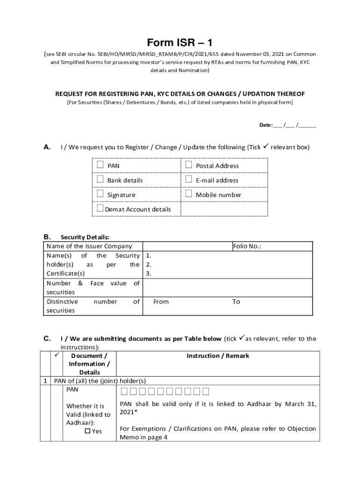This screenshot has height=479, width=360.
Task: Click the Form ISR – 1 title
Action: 180,43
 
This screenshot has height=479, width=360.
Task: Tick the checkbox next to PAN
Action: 100,165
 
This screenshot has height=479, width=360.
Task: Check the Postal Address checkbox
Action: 188,165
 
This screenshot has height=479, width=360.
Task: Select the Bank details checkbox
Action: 100,179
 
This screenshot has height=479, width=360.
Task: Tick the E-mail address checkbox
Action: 188,179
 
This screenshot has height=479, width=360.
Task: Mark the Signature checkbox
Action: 100,194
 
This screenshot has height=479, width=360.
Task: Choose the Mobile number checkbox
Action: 188,194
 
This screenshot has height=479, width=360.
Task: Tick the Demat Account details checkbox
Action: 100,208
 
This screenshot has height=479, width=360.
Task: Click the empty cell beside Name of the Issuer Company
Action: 187,246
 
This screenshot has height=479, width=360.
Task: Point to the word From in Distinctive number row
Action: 161,302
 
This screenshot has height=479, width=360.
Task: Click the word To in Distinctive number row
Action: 236,302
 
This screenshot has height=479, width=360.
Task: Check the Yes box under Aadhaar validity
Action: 87,431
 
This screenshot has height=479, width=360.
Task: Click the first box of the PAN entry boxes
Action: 124,392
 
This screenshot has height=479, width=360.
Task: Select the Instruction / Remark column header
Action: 218,356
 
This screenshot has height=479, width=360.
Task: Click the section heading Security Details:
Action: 85,238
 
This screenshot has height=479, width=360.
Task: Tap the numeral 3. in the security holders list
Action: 149,274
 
